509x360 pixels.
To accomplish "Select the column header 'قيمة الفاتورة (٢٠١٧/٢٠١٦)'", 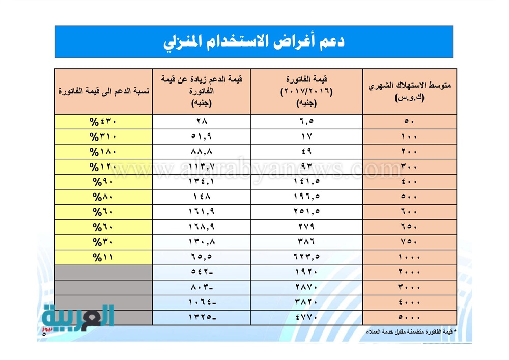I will pos(306,91).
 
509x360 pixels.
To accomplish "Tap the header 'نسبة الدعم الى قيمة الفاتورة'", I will pos(103,91).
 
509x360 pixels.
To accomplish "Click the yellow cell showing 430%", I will pos(104,121).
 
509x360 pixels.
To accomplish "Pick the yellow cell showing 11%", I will pos(104,257).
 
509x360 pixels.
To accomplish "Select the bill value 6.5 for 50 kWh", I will pos(306,121).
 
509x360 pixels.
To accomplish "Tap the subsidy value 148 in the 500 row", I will pos(202,197).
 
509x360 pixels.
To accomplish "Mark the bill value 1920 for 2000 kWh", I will pos(306,272).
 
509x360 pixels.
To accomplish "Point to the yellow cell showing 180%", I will pos(104,151).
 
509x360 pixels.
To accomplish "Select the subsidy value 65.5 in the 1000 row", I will pos(202,257).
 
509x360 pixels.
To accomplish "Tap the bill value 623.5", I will pos(306,257).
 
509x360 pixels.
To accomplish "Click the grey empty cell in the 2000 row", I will pos(103,272).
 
